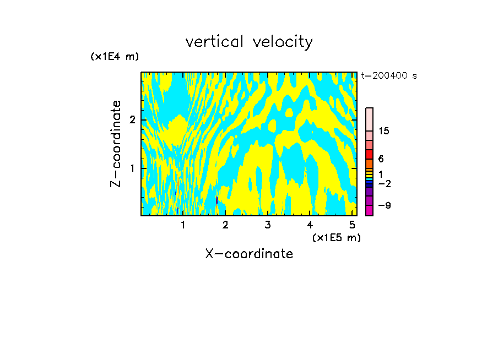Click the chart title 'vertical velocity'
click(249, 42)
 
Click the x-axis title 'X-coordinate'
click(249, 254)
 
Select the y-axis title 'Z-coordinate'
click(116, 144)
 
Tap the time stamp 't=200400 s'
click(389, 76)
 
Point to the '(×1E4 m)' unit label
click(115, 57)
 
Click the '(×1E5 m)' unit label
click(336, 237)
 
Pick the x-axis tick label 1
click(183, 225)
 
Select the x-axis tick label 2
click(225, 225)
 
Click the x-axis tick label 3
click(267, 225)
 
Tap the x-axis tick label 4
click(310, 225)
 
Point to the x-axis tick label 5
click(352, 225)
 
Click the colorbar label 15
click(384, 131)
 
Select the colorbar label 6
click(381, 159)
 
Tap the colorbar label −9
click(383, 206)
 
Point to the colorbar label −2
click(383, 184)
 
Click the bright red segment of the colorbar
click(369, 154)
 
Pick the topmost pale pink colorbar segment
click(369, 119)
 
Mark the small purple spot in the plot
click(217, 200)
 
